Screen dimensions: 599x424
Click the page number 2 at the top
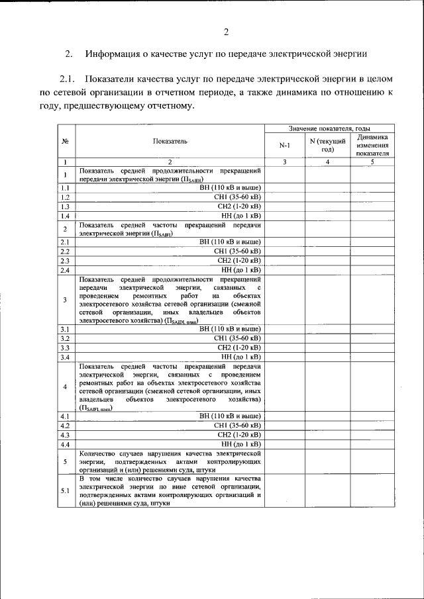coord(225,31)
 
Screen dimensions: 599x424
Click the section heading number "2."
coord(68,54)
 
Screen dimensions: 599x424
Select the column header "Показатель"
coord(170,141)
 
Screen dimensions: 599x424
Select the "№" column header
coord(66,141)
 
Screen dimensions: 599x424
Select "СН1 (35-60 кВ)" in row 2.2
coord(237,252)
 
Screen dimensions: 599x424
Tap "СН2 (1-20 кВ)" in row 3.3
coord(238,347)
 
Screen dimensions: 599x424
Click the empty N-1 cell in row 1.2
coord(284,197)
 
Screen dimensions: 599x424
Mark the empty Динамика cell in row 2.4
coord(372,270)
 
